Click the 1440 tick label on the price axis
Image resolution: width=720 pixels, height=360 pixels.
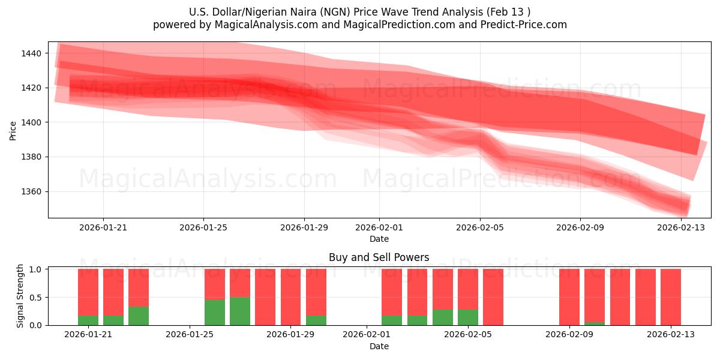point(31,53)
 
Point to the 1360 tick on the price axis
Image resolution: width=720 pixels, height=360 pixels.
point(31,192)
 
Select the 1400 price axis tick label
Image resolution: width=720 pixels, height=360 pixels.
point(31,122)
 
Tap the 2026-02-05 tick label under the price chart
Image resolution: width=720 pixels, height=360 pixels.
point(479,228)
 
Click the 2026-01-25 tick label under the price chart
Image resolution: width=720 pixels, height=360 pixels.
point(203,228)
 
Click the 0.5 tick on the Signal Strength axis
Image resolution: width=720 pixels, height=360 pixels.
point(37,298)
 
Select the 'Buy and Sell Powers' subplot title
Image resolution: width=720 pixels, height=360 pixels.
point(379,257)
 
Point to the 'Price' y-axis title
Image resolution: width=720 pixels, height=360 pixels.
point(13,130)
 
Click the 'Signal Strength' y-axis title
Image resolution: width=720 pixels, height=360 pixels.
point(20,296)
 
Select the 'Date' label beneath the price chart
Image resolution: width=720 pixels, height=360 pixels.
point(379,239)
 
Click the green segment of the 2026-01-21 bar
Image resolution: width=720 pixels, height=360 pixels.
point(88,320)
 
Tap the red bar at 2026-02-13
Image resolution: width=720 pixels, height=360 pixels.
point(671,297)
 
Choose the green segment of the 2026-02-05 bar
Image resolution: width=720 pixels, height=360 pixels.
point(468,317)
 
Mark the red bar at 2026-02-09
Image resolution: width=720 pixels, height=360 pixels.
point(569,297)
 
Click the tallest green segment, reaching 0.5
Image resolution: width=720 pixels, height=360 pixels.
point(240,311)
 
